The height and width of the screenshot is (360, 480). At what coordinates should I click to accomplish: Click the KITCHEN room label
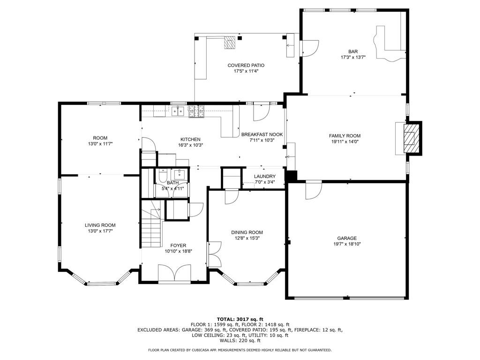coord(190,139)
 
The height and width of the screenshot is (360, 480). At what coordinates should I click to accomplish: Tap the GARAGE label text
coord(347,238)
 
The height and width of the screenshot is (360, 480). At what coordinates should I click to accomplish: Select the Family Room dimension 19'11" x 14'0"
coord(345,142)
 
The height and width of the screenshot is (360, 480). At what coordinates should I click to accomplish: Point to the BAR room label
coord(353,52)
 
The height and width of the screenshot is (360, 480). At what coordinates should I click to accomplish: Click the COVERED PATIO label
coord(246,65)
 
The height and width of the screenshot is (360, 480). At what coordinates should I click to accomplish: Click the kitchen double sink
coord(177,111)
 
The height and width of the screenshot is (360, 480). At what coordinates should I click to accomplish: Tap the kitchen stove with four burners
coord(196,112)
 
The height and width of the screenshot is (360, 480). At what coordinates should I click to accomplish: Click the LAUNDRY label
coord(265,176)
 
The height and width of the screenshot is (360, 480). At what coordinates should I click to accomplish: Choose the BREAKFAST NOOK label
coord(262,135)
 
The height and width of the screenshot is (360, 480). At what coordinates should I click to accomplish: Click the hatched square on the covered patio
coord(230,43)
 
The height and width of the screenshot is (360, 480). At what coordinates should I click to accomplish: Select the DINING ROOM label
coord(247,232)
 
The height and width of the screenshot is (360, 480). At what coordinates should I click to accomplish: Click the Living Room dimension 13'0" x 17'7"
coord(100,231)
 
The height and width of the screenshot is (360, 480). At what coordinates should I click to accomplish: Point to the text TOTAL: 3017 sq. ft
coord(240,319)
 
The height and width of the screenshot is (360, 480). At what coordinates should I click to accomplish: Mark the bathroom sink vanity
coord(179,175)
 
